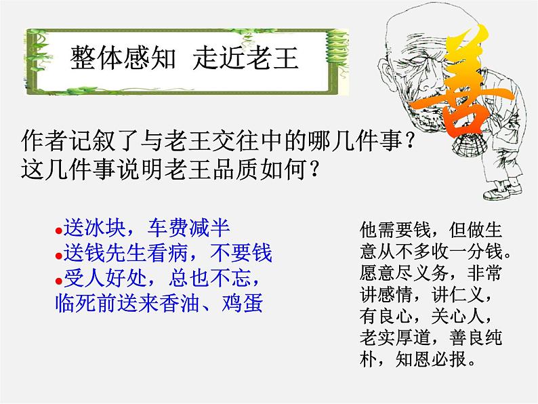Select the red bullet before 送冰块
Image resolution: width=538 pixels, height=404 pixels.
click(58, 228)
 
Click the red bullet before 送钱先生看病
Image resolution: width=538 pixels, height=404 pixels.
click(58, 254)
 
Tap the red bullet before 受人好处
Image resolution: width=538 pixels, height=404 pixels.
click(58, 279)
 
